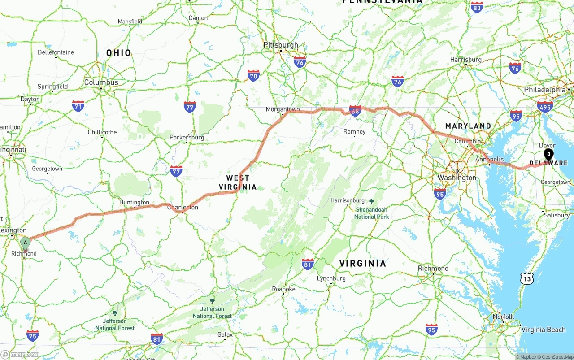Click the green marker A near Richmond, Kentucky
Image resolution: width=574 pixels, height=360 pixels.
point(25,243)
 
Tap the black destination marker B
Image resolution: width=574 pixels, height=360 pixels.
point(548,155)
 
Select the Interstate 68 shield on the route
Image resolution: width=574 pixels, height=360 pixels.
point(355,110)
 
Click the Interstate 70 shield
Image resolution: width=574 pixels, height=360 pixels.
point(253,75)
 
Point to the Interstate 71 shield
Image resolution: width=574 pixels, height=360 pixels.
point(78,106)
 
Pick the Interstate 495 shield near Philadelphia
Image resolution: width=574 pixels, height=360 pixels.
point(545,106)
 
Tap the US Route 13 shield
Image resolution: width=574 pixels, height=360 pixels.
point(527,278)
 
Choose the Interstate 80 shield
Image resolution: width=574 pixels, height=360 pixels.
point(477,7)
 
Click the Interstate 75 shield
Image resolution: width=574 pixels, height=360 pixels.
point(32,335)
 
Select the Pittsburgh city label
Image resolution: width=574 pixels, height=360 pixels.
point(280,45)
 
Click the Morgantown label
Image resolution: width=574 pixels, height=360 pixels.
point(283,109)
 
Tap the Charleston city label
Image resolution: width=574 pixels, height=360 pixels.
point(183,208)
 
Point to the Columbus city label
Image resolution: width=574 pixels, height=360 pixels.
point(101,82)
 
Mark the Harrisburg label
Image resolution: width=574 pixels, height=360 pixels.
point(466,60)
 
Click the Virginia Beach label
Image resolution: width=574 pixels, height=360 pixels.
point(543,330)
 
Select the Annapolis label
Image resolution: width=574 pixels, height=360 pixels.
point(489,159)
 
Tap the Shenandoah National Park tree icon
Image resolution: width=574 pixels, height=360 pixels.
point(372,201)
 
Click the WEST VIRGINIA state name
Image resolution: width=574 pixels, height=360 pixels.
point(238,182)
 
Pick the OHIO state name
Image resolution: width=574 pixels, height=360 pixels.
point(119,53)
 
